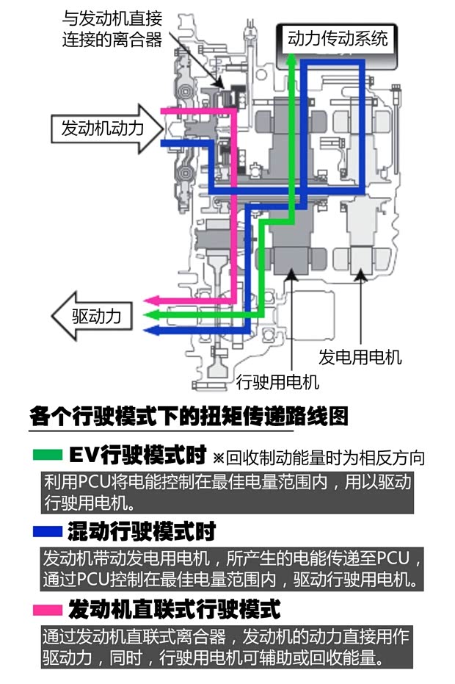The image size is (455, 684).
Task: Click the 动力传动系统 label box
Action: (337, 38)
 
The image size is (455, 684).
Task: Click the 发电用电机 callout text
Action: (360, 358)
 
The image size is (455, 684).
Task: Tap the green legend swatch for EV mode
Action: (48, 456)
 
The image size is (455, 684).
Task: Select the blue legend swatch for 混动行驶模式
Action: (48, 530)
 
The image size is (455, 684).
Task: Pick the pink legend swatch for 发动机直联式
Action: (48, 609)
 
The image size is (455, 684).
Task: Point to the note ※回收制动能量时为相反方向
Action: (319, 458)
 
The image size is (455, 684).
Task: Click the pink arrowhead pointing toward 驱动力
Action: (150, 300)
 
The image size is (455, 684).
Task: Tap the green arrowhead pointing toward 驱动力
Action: (150, 315)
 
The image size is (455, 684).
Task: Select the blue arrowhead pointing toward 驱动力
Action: (150, 330)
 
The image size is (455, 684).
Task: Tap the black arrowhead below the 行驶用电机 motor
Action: (291, 276)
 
